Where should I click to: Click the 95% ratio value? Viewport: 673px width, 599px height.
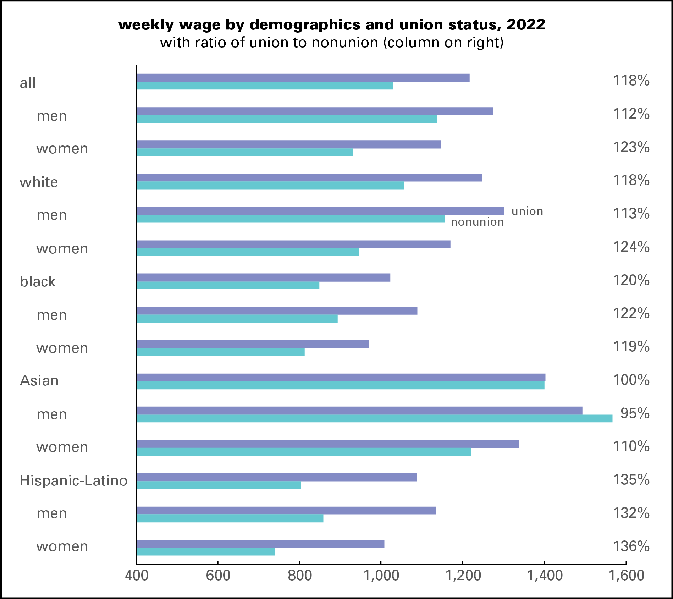(x=635, y=413)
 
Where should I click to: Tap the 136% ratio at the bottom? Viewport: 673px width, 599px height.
(x=631, y=546)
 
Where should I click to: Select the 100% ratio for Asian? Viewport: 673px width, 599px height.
(x=631, y=380)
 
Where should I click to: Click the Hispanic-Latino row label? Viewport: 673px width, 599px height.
(x=73, y=480)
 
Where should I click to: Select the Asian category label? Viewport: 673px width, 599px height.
(x=39, y=380)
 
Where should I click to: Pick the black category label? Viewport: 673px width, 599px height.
(x=38, y=281)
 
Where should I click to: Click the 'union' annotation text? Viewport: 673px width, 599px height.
(x=527, y=211)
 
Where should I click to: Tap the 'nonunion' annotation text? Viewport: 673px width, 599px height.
(x=477, y=222)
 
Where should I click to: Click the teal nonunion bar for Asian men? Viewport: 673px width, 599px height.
(x=374, y=418)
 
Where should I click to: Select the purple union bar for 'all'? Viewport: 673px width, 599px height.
(x=303, y=78)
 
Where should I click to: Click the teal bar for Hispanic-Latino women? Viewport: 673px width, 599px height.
(x=205, y=552)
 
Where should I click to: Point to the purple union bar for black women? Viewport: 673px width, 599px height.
(x=252, y=344)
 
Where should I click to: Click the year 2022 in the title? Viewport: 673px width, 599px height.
(x=526, y=24)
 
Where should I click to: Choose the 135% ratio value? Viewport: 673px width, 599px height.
(x=631, y=480)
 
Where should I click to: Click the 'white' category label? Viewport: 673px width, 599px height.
(x=39, y=182)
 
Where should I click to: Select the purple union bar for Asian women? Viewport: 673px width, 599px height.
(x=327, y=444)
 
